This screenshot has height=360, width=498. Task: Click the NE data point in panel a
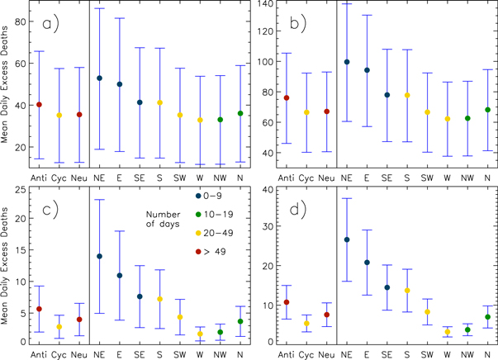point(99,78)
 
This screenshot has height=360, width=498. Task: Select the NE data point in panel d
point(347,239)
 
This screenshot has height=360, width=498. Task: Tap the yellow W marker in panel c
point(200,334)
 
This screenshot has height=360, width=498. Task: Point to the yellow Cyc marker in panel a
point(58,116)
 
